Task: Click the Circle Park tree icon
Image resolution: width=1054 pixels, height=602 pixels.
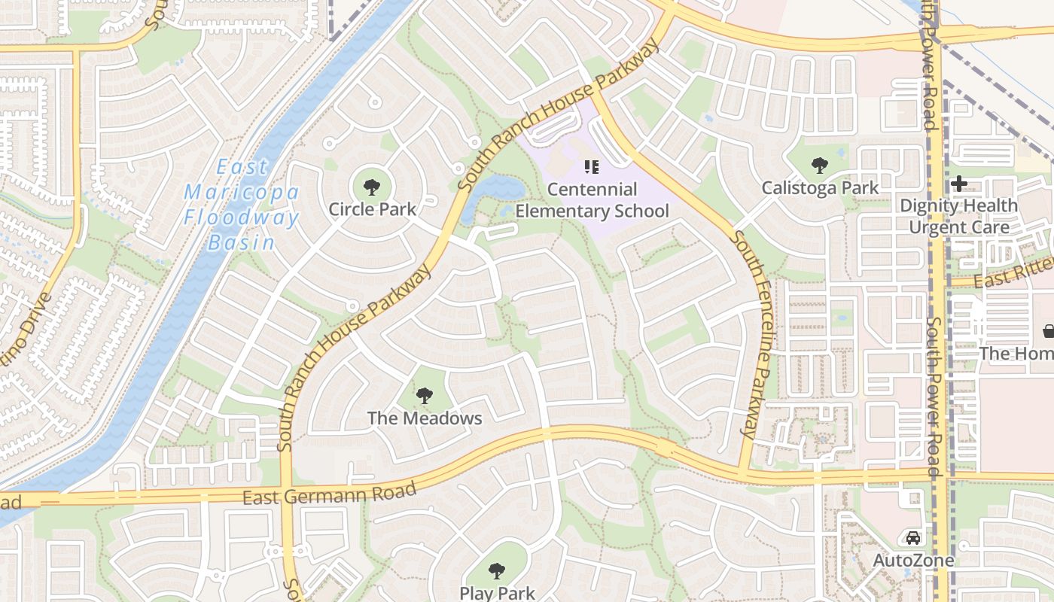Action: tap(370, 187)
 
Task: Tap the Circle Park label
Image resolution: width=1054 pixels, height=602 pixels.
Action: tap(372, 209)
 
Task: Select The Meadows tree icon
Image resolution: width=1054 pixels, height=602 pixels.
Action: tap(425, 396)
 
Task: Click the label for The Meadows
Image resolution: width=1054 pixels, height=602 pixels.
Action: tap(425, 418)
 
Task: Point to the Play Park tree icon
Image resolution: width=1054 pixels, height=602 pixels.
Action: tap(497, 571)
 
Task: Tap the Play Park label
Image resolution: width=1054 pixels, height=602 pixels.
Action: tap(497, 592)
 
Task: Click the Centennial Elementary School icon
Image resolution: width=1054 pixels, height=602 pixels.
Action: tap(591, 167)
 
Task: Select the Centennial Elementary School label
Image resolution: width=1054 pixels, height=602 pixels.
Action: tap(592, 200)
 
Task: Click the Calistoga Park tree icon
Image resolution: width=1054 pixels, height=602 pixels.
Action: tap(820, 166)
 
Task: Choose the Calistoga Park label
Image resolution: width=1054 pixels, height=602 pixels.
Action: tap(820, 187)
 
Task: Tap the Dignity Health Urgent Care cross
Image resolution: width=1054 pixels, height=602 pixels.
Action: tap(959, 183)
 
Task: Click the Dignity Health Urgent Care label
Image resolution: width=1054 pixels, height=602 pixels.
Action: tap(959, 216)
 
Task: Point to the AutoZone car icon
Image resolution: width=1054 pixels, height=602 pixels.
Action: tap(913, 538)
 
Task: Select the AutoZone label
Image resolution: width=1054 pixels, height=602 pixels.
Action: tap(913, 561)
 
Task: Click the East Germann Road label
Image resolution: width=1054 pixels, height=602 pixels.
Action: tap(329, 494)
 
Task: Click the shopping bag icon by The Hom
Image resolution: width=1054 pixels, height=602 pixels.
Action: tap(1048, 330)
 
